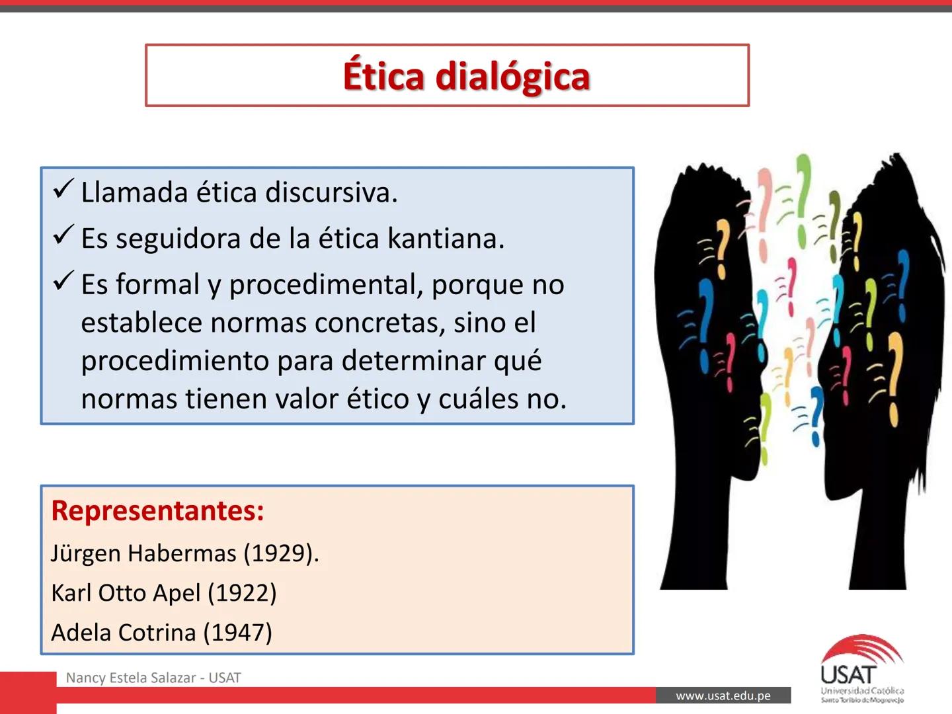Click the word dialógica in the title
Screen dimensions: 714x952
point(512,77)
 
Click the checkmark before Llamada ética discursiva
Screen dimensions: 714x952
point(63,190)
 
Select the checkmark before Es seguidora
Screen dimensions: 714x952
point(63,235)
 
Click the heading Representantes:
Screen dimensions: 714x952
point(157,510)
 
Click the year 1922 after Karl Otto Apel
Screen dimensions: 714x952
point(242,593)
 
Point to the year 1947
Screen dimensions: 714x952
point(237,633)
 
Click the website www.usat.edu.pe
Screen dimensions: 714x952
point(723,695)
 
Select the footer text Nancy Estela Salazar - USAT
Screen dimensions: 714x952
point(153,678)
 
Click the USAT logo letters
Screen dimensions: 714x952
point(848,675)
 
